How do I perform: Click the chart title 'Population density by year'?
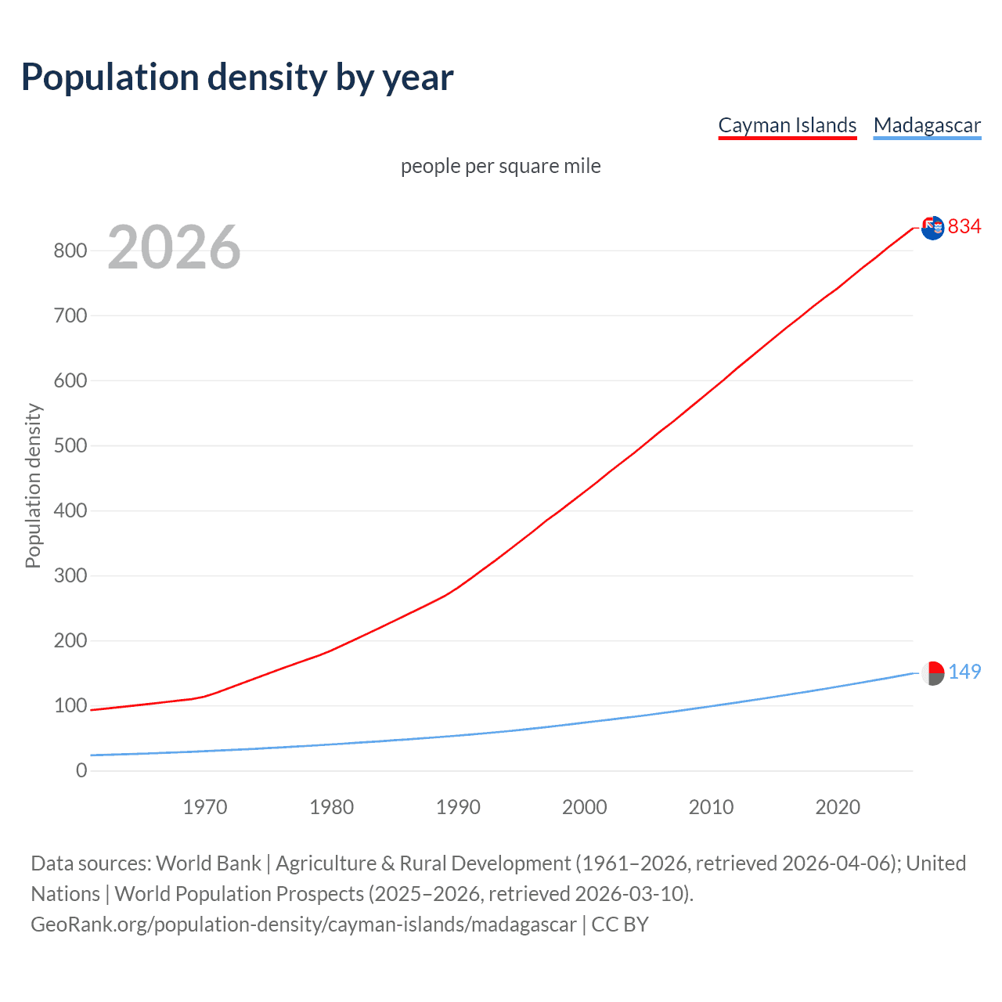click(237, 77)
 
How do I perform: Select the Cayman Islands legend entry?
click(787, 125)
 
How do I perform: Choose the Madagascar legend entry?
click(927, 125)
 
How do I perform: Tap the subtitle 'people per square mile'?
click(501, 166)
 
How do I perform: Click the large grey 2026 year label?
click(174, 247)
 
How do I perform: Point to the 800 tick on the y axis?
click(70, 251)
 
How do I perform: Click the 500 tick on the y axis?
click(70, 446)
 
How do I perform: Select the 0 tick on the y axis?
click(81, 771)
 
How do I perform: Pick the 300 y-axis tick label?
click(70, 576)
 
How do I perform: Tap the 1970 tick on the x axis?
click(205, 807)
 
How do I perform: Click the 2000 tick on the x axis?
click(585, 807)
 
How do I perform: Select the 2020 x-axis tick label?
click(838, 807)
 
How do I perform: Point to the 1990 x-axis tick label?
click(458, 807)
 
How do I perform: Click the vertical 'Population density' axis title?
click(33, 485)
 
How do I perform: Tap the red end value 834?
click(964, 227)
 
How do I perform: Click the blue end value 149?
click(964, 672)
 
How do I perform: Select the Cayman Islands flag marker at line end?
click(932, 228)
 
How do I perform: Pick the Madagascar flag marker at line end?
click(932, 673)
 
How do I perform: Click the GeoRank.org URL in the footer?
click(304, 925)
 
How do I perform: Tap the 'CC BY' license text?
click(620, 925)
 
